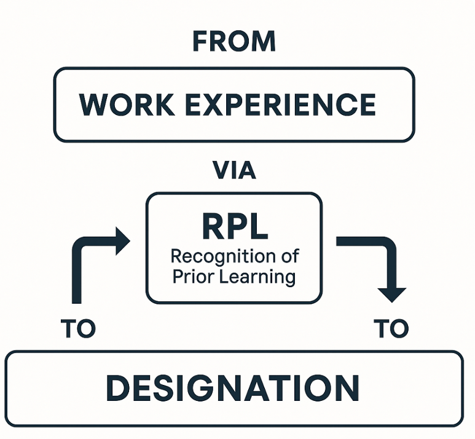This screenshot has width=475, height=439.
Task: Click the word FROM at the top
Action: (234, 42)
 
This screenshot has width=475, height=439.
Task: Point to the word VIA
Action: (234, 170)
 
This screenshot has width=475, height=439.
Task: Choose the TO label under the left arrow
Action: (79, 330)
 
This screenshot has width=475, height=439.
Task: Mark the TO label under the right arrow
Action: (391, 330)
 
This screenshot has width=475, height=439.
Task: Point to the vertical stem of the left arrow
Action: (77, 277)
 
